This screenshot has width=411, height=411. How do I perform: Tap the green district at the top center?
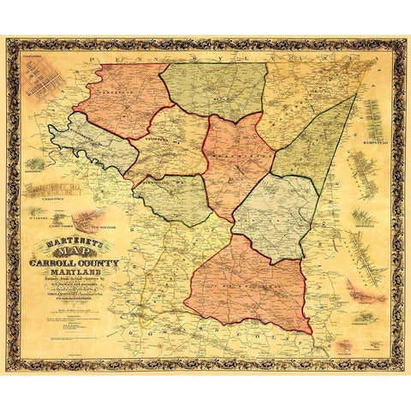pyautogui.click(x=214, y=90)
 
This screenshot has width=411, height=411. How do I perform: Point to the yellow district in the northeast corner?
pyautogui.click(x=300, y=94)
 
